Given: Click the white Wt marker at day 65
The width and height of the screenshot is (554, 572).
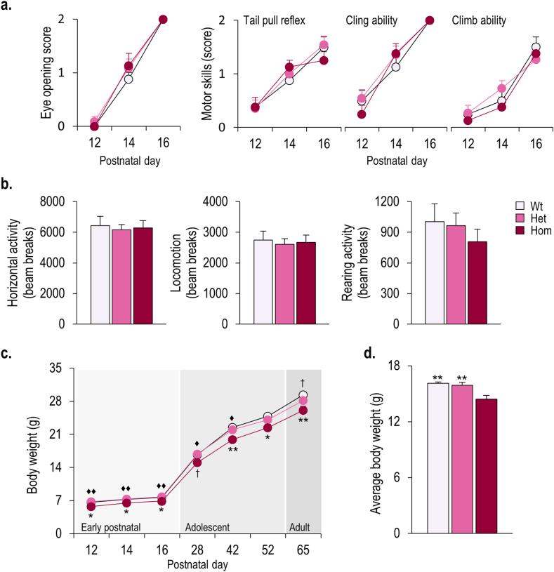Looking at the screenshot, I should point(303,396).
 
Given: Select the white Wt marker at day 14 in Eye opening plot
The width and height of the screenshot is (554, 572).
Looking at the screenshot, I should point(128,79).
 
